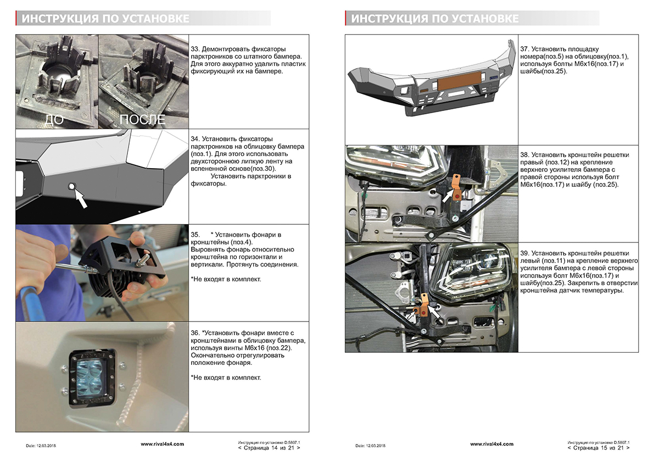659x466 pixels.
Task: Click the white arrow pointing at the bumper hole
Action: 81,198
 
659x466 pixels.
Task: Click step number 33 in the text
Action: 195,49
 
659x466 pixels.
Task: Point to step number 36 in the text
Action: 195,333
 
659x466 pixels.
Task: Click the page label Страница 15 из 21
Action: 598,448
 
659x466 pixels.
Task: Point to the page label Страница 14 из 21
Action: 269,448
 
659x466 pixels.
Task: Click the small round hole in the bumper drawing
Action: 70,187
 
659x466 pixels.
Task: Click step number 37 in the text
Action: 524,49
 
